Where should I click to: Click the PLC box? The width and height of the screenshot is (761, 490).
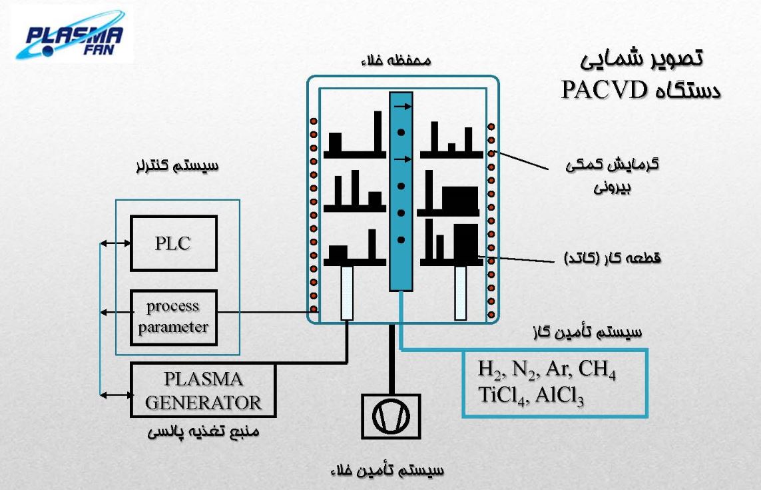click(x=173, y=243)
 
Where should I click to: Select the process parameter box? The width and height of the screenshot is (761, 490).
click(x=173, y=317)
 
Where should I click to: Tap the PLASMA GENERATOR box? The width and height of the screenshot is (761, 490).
click(x=203, y=390)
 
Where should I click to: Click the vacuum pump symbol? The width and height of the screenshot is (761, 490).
click(x=391, y=415)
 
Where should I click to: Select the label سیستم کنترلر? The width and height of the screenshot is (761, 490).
click(x=176, y=165)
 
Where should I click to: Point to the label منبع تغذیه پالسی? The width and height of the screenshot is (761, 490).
click(x=203, y=432)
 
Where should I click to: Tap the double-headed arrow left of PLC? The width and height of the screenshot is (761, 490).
click(x=115, y=244)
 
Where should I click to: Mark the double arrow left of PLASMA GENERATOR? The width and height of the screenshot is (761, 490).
click(x=115, y=395)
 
